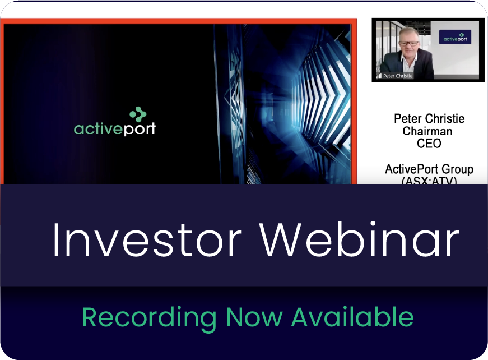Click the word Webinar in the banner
(x=359, y=239)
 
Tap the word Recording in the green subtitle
(x=148, y=318)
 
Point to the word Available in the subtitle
(x=352, y=317)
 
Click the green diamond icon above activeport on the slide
(x=138, y=114)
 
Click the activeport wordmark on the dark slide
(x=115, y=128)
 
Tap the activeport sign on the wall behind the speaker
(x=454, y=37)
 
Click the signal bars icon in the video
(x=379, y=76)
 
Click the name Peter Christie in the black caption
(x=429, y=119)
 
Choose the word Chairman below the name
(x=427, y=132)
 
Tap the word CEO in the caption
(x=429, y=144)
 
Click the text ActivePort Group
(x=429, y=169)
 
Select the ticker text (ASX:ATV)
(x=429, y=181)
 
